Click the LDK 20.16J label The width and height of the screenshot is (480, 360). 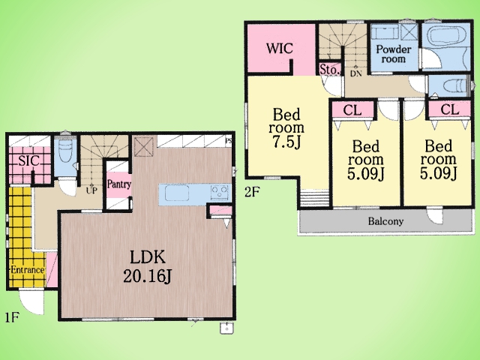click(x=148, y=266)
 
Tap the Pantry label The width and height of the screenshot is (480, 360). click(x=118, y=184)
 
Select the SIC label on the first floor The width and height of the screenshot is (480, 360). click(x=28, y=160)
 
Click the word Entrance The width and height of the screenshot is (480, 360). click(x=28, y=270)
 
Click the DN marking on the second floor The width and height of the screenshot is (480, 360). click(x=356, y=73)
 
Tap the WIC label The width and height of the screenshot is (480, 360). click(x=279, y=48)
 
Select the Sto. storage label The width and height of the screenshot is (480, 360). click(x=330, y=70)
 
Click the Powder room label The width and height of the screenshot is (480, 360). click(x=393, y=54)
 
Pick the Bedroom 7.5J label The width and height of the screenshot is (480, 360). click(x=286, y=128)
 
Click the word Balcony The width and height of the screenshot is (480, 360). click(x=385, y=221)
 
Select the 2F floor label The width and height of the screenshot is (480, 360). click(x=252, y=192)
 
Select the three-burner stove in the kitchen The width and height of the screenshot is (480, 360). click(x=220, y=193)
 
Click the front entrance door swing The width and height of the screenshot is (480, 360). click(x=31, y=302)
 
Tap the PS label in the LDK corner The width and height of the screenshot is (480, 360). click(x=229, y=141)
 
